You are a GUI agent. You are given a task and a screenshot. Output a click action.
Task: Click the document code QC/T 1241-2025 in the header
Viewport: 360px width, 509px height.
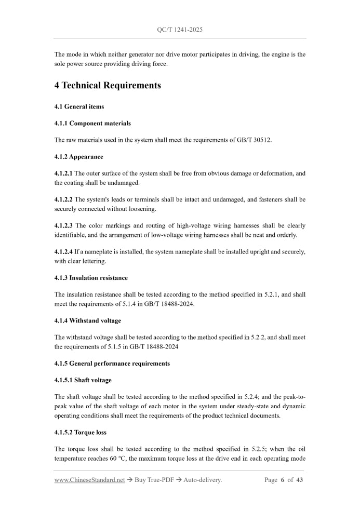(x=180, y=30)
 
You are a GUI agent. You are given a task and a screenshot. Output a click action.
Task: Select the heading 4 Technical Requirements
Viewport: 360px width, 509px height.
(x=108, y=85)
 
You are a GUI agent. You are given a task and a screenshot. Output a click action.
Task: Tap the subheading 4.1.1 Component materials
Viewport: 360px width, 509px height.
(x=92, y=123)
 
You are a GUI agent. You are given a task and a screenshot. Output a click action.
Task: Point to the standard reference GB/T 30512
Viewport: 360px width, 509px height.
(x=260, y=140)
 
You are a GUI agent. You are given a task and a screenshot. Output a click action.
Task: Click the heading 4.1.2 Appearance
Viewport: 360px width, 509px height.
(x=78, y=156)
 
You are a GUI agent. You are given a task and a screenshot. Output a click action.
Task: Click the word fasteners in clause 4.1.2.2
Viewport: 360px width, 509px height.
(x=281, y=199)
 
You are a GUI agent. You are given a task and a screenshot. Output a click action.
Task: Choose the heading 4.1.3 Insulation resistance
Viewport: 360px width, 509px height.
(x=90, y=278)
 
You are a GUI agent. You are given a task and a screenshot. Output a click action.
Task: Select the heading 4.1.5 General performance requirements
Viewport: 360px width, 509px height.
(x=112, y=363)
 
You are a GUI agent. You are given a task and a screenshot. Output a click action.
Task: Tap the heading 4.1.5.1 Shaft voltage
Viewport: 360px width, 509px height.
(x=83, y=380)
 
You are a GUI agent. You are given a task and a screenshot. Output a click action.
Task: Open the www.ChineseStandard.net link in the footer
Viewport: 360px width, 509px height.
(x=89, y=480)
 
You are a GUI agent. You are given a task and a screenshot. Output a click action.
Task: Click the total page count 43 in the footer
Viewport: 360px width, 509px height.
(x=299, y=480)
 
